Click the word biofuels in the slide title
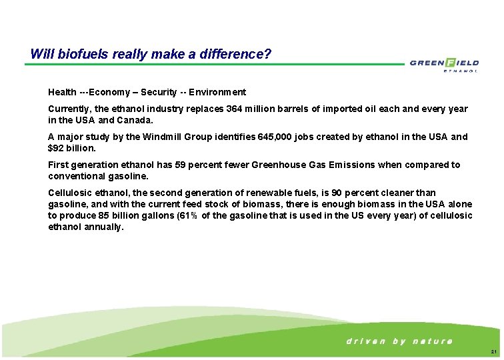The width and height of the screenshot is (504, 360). click(78, 53)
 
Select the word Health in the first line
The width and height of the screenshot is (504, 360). click(62, 92)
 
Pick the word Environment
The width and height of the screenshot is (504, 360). click(219, 92)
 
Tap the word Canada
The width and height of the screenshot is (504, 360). click(136, 121)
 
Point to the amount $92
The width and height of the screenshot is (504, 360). click(57, 149)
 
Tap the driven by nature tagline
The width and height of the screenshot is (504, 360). click(399, 341)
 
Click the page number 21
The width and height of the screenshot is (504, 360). click(493, 351)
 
